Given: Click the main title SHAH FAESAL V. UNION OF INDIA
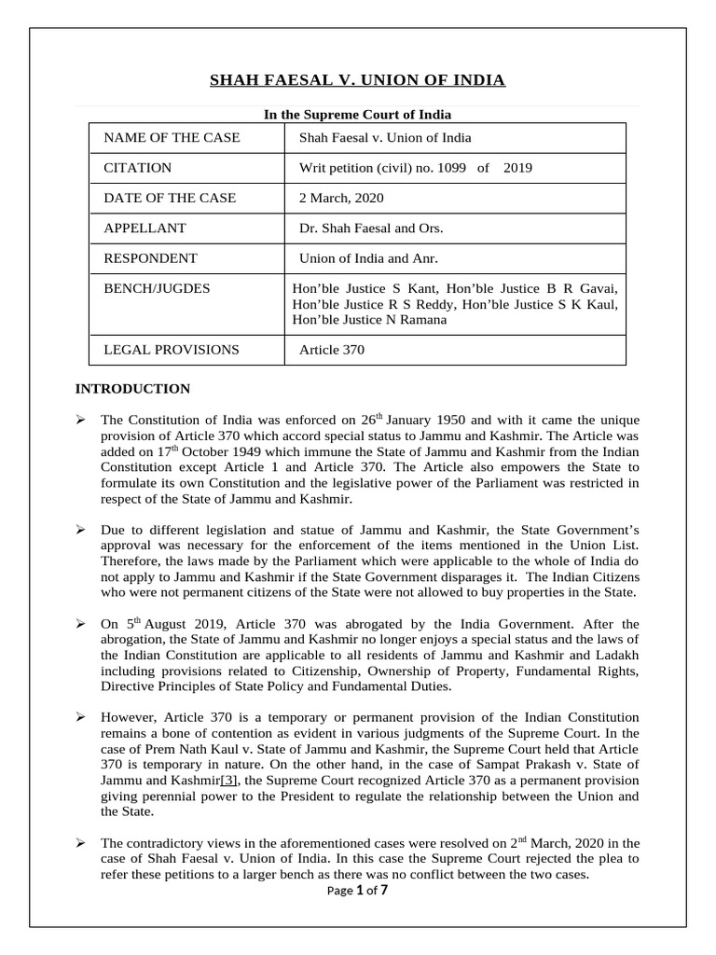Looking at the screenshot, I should pos(357,80).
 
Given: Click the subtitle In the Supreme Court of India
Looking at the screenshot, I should pos(357,115).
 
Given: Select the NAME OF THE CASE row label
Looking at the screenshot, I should pos(172,138).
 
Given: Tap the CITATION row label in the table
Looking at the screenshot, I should pos(138,168).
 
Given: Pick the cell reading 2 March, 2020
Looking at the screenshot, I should pos(341,198).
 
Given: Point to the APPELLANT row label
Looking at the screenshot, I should pos(145,228).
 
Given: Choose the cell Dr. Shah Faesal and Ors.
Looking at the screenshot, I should pos(371,228).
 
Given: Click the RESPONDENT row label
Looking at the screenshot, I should pos(150,257).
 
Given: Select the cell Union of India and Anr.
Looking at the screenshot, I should pos(367,257).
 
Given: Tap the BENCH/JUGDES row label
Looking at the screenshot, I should pos(157,288).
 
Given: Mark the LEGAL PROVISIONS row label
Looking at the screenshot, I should pos(172,350).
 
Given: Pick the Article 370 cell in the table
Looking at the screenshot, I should pos(331,350).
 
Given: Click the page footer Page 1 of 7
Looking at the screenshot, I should pos(357,891).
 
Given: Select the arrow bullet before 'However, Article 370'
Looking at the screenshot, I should pos(80,717).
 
